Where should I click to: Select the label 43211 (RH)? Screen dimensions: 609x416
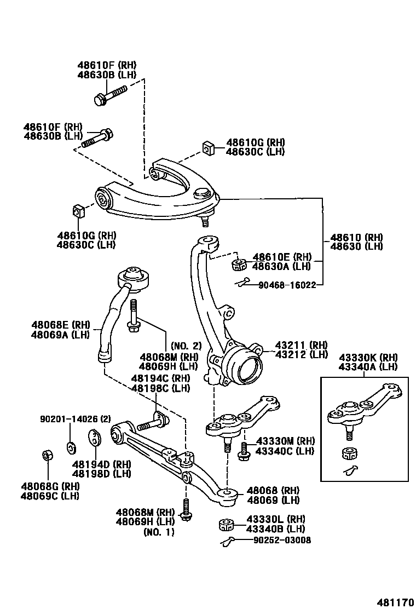(x=301, y=345)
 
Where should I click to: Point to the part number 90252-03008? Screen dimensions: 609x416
(x=282, y=540)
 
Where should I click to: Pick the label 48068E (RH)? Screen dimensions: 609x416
(x=60, y=325)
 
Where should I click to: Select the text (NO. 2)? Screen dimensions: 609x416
(x=187, y=346)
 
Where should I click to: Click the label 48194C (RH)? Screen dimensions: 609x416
(x=160, y=378)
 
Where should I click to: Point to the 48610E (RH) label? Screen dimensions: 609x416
(x=281, y=257)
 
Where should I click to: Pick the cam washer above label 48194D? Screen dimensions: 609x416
(x=95, y=439)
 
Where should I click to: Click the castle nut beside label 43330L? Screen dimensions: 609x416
(x=226, y=525)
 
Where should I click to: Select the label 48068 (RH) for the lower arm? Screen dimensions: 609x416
(x=272, y=490)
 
